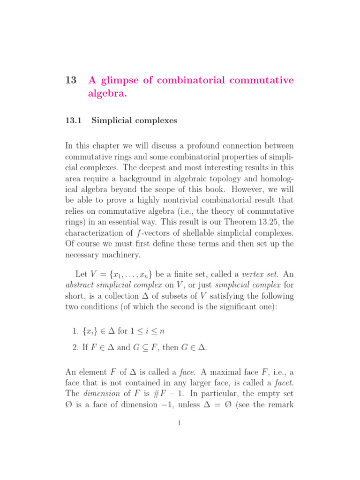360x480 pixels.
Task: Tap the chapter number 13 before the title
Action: tap(71, 80)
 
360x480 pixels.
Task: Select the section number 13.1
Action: tap(74, 120)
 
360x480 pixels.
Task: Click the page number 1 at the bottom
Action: tap(180, 423)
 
